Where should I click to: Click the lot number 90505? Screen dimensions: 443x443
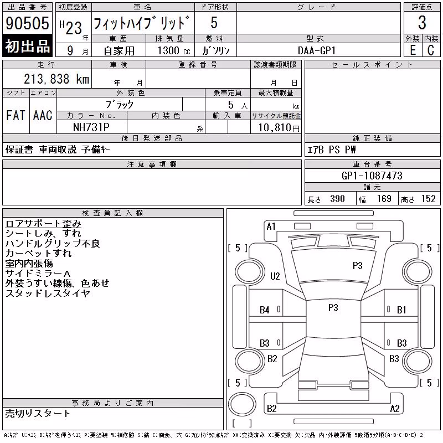click(27, 23)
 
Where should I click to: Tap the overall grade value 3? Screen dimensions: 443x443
click(422, 23)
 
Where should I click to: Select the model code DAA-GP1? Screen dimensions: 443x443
click(317, 50)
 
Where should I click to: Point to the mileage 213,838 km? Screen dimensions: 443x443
click(56, 79)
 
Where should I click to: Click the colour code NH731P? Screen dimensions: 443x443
click(91, 127)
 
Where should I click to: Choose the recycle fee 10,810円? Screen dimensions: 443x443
click(279, 128)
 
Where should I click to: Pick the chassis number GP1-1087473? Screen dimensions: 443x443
click(372, 176)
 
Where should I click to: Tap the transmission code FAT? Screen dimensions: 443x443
click(16, 115)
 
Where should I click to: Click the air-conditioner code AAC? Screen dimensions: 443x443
click(43, 115)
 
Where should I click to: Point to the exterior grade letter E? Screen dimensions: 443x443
click(413, 50)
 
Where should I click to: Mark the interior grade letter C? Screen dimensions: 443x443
click(431, 50)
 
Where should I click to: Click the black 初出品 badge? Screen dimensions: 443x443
click(27, 46)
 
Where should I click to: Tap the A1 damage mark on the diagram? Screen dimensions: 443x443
click(271, 226)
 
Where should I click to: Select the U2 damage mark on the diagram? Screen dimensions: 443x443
click(275, 276)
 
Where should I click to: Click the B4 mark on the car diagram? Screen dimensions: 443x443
click(265, 310)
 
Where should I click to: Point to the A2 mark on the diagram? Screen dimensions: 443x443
click(395, 409)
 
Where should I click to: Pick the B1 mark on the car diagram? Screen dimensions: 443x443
click(401, 310)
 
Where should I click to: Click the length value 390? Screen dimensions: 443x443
click(337, 199)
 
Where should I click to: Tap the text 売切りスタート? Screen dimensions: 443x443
click(38, 414)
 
